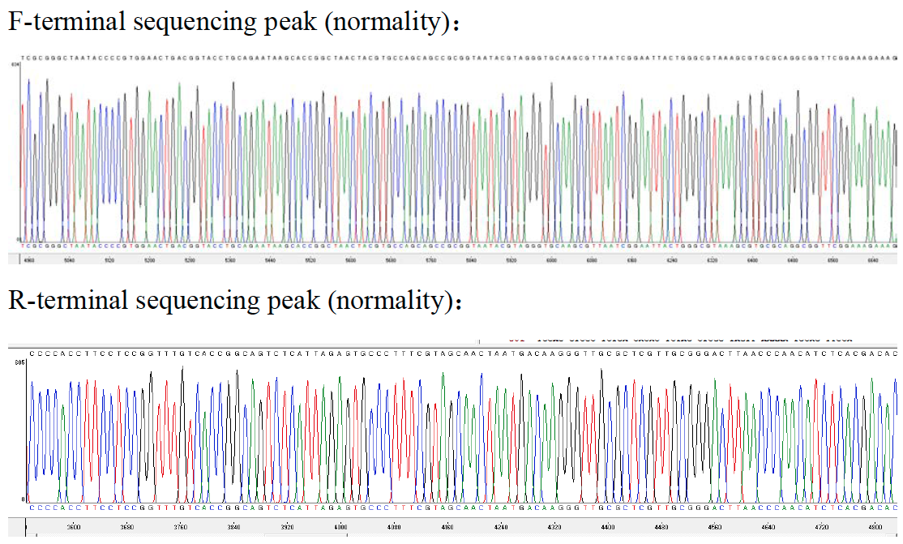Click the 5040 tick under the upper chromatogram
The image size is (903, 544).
coord(69,261)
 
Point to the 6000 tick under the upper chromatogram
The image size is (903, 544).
coord(552,261)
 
